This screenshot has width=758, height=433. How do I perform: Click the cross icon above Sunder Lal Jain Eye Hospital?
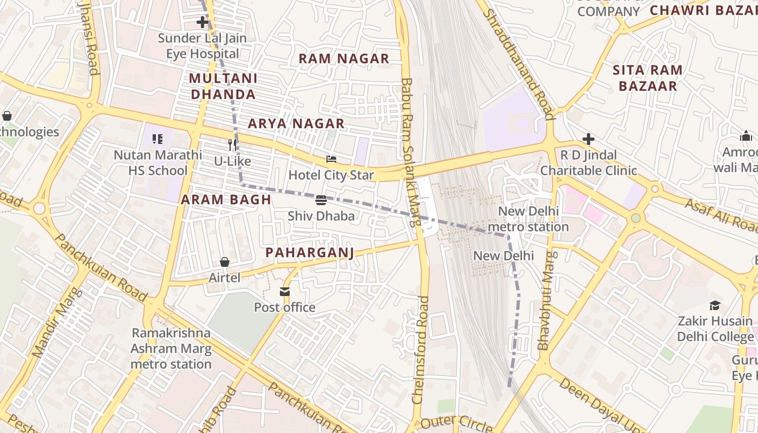pyautogui.click(x=202, y=22)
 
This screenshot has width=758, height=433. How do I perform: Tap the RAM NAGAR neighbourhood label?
pyautogui.click(x=344, y=58)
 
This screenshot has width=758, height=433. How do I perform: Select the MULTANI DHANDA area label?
pyautogui.click(x=223, y=86)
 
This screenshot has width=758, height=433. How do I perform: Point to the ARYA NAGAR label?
pyautogui.click(x=296, y=123)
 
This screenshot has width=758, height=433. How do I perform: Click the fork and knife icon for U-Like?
pyautogui.click(x=232, y=145)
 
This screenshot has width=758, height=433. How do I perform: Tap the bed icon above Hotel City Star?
pyautogui.click(x=331, y=159)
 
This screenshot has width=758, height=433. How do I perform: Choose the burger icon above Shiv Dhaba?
pyautogui.click(x=321, y=200)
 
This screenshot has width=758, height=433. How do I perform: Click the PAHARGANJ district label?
pyautogui.click(x=310, y=253)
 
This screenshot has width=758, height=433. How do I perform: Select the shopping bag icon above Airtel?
pyautogui.click(x=224, y=262)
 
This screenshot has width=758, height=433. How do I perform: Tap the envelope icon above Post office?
pyautogui.click(x=285, y=292)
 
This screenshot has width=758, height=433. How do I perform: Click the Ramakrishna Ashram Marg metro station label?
pyautogui.click(x=171, y=348)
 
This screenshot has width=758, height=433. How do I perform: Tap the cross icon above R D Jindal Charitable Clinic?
pyautogui.click(x=589, y=139)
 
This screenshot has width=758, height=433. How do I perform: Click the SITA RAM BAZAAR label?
pyautogui.click(x=648, y=78)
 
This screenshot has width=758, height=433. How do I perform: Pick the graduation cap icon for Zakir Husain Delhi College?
pyautogui.click(x=715, y=305)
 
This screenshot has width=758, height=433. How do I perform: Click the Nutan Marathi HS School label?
pyautogui.click(x=158, y=163)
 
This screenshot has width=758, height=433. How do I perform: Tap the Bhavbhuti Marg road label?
pyautogui.click(x=547, y=300)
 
